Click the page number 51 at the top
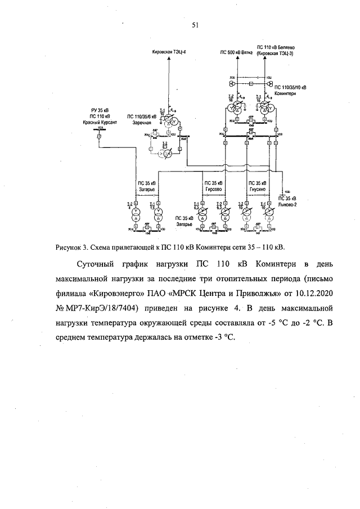pyautogui.click(x=179, y=25)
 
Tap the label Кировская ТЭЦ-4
pyautogui.click(x=169, y=52)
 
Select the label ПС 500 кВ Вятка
pyautogui.click(x=236, y=52)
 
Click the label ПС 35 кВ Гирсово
pyautogui.click(x=214, y=187)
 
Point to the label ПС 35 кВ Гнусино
pyautogui.click(x=256, y=187)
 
